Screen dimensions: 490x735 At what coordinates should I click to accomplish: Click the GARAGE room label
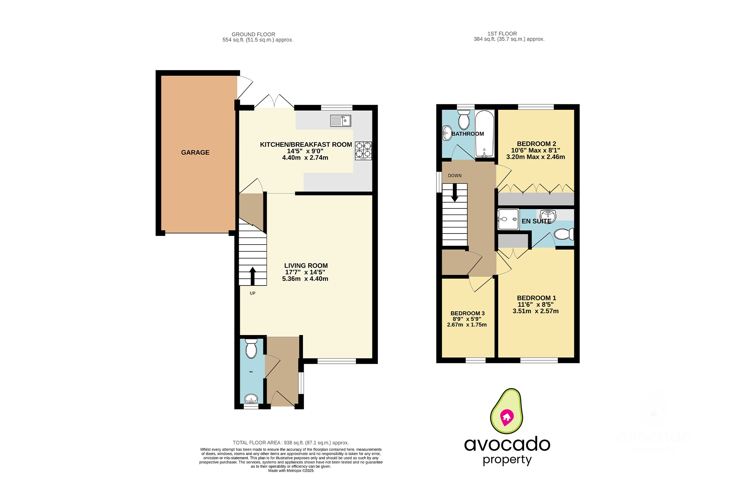tap(195, 152)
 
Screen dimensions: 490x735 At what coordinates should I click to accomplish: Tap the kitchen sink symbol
tap(340, 121)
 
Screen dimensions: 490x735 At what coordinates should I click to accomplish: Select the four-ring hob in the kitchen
tap(363, 151)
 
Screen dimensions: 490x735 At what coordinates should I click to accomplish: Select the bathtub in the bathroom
tap(484, 134)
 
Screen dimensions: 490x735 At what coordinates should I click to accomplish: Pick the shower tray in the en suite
tap(508, 219)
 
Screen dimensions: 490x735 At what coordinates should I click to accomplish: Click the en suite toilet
tap(563, 234)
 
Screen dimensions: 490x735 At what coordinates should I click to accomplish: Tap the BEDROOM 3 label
tap(467, 313)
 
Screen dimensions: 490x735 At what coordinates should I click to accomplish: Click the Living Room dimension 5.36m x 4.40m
tap(305, 279)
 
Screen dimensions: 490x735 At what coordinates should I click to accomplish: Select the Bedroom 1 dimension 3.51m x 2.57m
tap(535, 311)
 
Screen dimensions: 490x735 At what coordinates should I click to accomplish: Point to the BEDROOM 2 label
tap(536, 144)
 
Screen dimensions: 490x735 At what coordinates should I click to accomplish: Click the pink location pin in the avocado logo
tap(507, 417)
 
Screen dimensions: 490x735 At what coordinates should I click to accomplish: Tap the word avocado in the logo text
tap(507, 444)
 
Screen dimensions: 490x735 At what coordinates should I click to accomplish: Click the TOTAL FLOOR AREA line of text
tap(291, 443)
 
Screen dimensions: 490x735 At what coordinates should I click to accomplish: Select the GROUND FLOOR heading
tap(253, 34)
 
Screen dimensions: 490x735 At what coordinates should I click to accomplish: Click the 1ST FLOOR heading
tap(502, 34)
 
